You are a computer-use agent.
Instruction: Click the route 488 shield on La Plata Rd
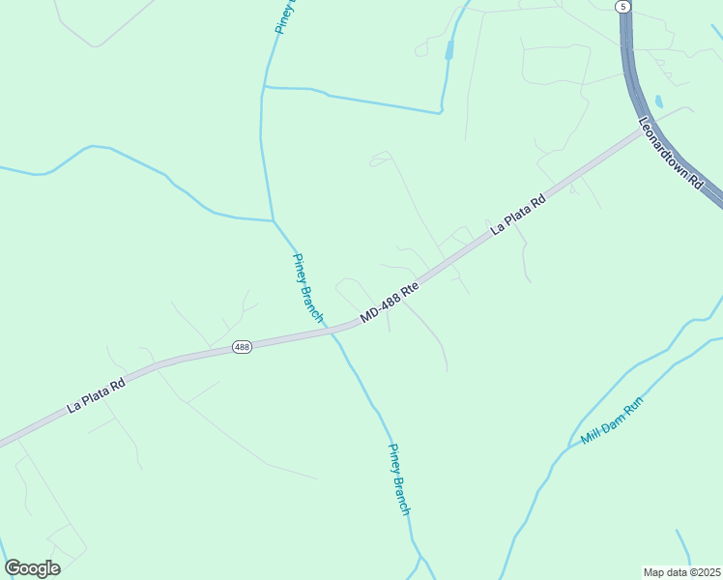[x=243, y=347]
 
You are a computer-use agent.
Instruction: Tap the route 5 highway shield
[x=623, y=6]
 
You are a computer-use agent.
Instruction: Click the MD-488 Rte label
[x=390, y=302]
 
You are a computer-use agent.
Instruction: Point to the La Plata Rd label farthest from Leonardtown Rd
[x=97, y=395]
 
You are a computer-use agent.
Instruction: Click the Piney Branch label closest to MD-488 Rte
[x=308, y=287]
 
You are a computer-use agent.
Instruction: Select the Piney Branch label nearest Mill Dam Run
[x=399, y=478]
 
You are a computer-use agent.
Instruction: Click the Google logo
[x=32, y=568]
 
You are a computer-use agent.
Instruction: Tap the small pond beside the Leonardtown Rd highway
[x=659, y=101]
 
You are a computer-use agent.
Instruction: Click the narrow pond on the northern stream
[x=449, y=49]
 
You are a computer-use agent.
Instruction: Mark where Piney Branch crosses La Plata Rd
[x=335, y=332]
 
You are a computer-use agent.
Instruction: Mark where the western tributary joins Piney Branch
[x=273, y=220]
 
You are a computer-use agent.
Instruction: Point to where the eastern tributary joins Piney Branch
[x=263, y=87]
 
